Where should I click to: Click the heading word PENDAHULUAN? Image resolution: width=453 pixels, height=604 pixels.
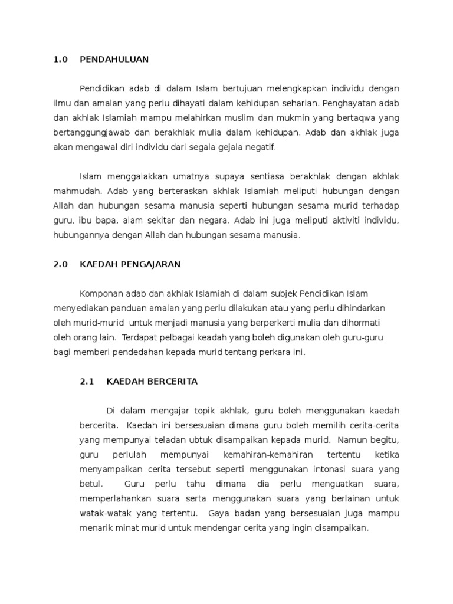pos(114,60)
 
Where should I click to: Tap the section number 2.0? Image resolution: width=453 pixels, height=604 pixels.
pos(61,264)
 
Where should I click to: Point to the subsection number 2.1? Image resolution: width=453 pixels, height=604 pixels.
pos(87,382)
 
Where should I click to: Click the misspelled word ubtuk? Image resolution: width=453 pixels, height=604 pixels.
pos(203,440)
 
